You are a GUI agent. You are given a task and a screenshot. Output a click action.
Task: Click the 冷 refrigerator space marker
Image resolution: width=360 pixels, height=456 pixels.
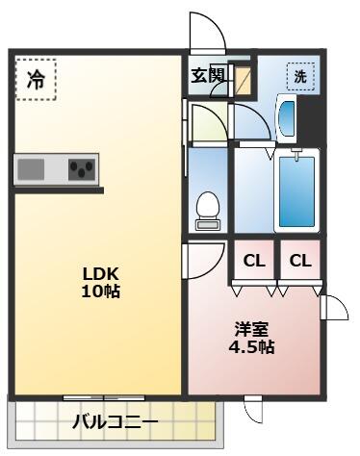[36, 79]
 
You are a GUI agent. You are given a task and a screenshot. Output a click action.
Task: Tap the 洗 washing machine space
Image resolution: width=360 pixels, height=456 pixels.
[300, 76]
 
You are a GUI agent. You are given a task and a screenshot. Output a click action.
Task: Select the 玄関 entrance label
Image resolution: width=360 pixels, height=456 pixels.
[208, 76]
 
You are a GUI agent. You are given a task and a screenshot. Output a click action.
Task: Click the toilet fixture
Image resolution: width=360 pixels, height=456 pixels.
[208, 211]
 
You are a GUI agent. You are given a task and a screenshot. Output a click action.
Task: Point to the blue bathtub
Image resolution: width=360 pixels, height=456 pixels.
[296, 191]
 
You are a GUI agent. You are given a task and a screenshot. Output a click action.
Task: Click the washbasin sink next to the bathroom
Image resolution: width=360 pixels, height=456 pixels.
[287, 118]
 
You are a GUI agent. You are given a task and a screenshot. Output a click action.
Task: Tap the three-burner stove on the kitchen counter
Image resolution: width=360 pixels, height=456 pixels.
[82, 169]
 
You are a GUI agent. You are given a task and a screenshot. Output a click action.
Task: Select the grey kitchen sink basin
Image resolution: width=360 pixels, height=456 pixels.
[31, 169]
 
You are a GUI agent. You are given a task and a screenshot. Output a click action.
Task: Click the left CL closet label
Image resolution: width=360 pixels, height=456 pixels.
[254, 261]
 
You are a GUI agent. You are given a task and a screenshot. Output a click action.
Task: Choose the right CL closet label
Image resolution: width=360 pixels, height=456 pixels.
[300, 261]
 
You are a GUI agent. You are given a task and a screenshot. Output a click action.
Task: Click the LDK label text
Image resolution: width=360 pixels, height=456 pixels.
[101, 274]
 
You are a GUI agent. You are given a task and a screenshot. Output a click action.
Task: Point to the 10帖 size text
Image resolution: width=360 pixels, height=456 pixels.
[101, 291]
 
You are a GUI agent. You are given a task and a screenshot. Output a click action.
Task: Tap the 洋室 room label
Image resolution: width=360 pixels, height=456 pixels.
[251, 329]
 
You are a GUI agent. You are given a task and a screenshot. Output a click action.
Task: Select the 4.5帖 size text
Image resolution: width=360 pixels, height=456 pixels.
[251, 346]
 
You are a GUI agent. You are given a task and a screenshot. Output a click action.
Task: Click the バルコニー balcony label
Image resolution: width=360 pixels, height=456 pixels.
[116, 422]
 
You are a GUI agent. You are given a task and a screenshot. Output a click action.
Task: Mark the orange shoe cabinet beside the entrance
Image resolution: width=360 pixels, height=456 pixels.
[244, 81]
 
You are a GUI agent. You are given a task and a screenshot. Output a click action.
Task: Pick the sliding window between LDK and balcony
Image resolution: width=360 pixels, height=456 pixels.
[104, 398]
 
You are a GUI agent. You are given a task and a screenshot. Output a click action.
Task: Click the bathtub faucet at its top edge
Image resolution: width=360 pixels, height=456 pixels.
[296, 153]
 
